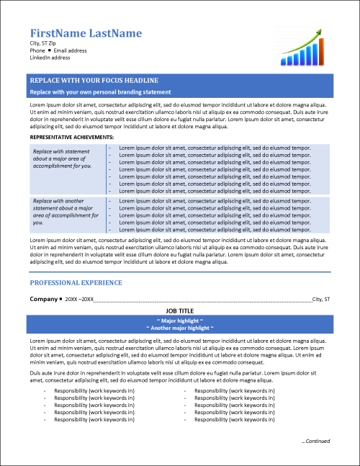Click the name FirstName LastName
point(86,33)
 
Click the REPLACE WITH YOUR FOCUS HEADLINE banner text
point(94,80)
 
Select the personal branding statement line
point(100,92)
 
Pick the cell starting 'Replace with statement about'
point(63,158)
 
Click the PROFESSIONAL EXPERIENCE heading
point(76,282)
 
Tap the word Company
point(42,298)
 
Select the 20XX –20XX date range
point(79,299)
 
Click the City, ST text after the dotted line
point(321,299)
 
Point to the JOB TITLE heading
point(180,310)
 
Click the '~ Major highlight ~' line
point(180,320)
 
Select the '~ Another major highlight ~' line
point(180,328)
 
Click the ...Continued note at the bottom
point(315,441)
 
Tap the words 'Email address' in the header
point(71,51)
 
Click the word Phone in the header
point(37,51)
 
